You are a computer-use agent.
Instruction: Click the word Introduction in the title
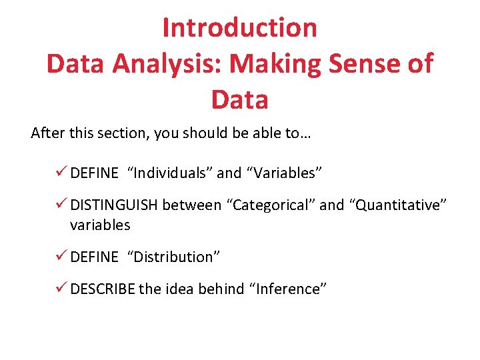(239, 28)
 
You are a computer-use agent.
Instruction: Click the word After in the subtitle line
(47, 133)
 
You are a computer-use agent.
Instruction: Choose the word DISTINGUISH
(114, 205)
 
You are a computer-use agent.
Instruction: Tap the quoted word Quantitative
(399, 205)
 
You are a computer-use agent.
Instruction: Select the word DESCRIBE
(102, 289)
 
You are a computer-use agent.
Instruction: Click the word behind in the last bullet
(221, 289)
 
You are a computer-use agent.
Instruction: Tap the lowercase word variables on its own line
(100, 225)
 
